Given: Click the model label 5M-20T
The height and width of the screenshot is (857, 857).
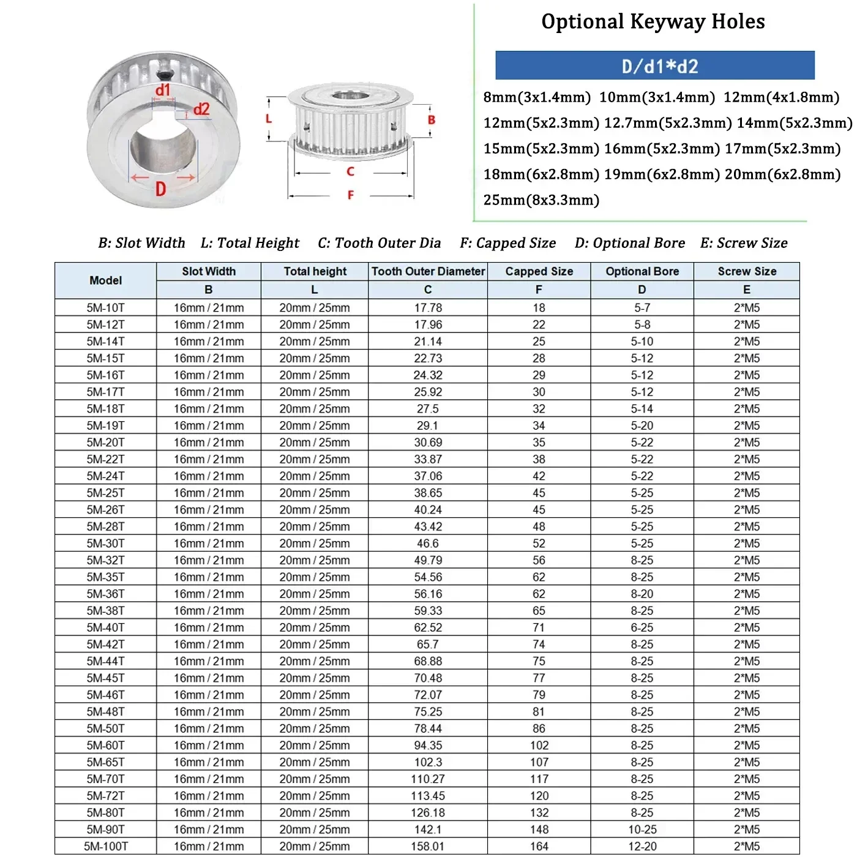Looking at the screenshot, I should (105, 443).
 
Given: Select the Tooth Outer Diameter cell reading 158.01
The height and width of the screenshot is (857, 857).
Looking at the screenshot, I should (427, 847).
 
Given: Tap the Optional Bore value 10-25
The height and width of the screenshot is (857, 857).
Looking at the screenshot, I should (642, 829).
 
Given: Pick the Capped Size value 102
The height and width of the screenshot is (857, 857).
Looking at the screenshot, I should (539, 746).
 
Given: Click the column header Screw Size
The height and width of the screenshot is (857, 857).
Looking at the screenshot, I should (746, 271).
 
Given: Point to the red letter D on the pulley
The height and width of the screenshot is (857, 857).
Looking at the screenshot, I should (161, 189).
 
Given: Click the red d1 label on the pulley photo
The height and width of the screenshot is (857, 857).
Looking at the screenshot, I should (162, 91).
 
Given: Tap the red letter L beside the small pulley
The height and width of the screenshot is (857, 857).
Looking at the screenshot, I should (268, 119).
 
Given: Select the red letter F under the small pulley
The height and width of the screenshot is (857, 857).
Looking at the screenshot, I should (350, 195).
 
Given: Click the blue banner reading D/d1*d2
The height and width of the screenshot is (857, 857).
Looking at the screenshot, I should (654, 65).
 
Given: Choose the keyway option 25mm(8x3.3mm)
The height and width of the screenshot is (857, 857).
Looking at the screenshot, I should (541, 200).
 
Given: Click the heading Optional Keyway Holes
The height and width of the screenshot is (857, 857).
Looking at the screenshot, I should (653, 22).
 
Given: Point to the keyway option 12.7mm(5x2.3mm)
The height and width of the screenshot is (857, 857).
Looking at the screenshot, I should (667, 123).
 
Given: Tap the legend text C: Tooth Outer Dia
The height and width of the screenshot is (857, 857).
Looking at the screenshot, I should (379, 243).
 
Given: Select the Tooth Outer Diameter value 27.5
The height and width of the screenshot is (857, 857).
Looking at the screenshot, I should (427, 409).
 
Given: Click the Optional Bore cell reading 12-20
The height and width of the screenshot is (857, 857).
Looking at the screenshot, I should (642, 847).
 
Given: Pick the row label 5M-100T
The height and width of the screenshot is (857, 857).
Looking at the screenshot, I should (105, 847).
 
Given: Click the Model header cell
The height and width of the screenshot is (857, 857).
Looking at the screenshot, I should (105, 280).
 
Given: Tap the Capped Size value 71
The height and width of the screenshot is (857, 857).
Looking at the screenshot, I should (539, 627).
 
